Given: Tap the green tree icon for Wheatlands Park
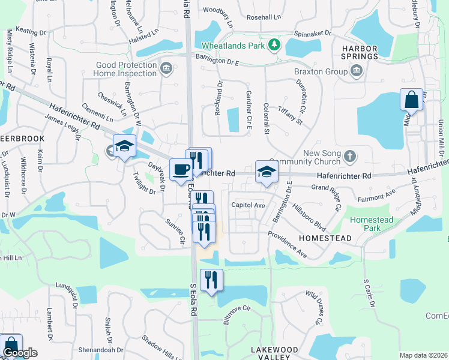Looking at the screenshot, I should point(274,44).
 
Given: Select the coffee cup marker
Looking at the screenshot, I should point(181,170).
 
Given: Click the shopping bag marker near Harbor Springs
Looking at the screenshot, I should point(412,100).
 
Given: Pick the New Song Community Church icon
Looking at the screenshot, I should point(351,157).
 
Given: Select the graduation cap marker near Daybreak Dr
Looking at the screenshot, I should point(124,146).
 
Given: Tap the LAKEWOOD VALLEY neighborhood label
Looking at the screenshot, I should point(274,353).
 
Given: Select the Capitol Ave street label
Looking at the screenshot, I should point(249,205).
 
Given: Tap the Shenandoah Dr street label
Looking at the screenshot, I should point(102,350).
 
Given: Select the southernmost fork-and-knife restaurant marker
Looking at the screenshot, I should point(211,280).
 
